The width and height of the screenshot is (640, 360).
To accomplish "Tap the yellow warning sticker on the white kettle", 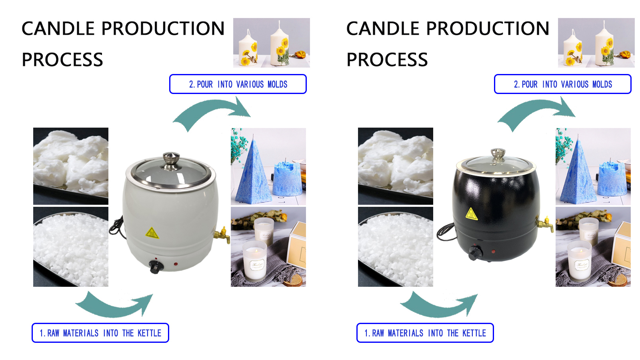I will tap(152, 233).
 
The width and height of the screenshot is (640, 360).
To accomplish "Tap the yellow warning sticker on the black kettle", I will tap(472, 214).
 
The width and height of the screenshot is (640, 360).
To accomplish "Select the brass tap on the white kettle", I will tap(222, 235).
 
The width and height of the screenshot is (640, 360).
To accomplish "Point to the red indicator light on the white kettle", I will tap(176, 264).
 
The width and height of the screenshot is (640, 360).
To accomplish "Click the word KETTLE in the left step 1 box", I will tap(149, 333).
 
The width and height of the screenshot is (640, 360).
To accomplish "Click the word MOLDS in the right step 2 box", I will tap(602, 84).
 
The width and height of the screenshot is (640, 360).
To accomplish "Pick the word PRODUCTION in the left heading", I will tap(163, 29).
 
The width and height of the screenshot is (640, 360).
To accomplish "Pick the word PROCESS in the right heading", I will tap(387, 60).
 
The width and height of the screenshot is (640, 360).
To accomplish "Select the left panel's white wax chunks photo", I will tap(71, 166).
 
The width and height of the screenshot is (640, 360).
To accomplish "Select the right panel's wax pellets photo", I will tap(395, 246).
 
